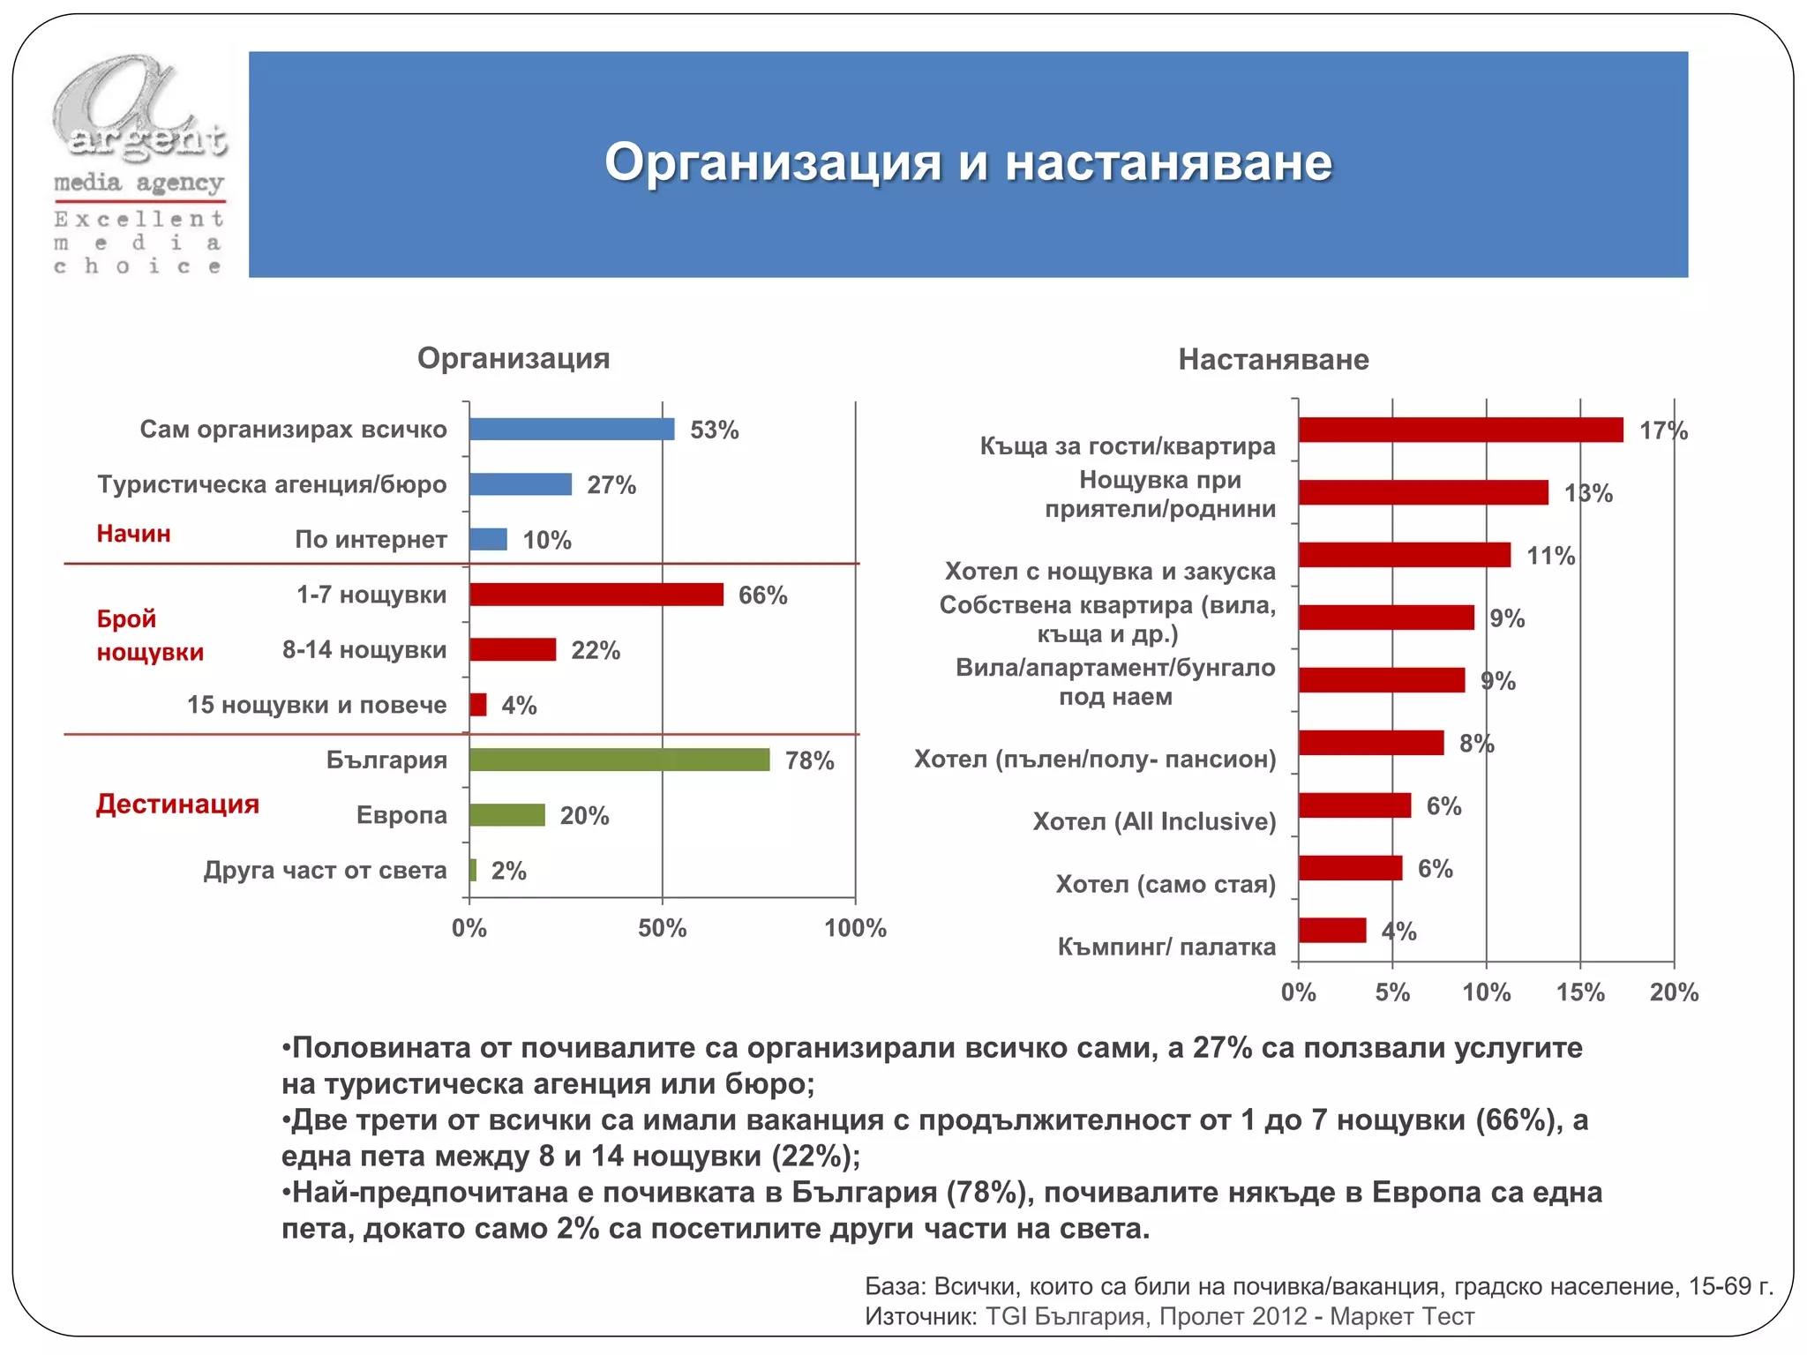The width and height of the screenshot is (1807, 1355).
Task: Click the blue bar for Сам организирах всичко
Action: pyautogui.click(x=572, y=430)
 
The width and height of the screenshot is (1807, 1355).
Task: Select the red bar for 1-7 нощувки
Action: pyautogui.click(x=596, y=595)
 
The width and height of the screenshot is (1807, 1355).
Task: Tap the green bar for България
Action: pyautogui.click(x=619, y=760)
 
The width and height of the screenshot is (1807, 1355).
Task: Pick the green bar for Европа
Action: pyautogui.click(x=507, y=815)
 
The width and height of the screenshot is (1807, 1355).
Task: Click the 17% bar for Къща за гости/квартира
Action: pyautogui.click(x=1460, y=430)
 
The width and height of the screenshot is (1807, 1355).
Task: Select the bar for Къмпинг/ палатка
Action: pyautogui.click(x=1332, y=931)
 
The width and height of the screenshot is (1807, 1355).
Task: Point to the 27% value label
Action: pyautogui.click(x=611, y=485)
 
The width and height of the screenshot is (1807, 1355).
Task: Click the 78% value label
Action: pyautogui.click(x=809, y=760)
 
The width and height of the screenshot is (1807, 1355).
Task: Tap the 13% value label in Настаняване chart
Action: pyautogui.click(x=1588, y=493)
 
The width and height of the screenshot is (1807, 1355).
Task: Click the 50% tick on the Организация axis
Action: pyautogui.click(x=662, y=928)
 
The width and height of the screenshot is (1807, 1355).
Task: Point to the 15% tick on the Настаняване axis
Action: pyautogui.click(x=1580, y=992)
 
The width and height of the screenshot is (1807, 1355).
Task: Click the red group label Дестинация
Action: pyautogui.click(x=177, y=804)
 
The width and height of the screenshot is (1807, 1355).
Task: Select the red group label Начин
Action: pyautogui.click(x=133, y=534)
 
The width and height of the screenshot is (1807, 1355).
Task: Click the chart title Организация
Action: pyautogui.click(x=514, y=358)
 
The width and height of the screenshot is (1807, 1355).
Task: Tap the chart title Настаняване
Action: pyautogui.click(x=1273, y=359)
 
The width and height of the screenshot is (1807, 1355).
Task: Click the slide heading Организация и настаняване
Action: pyautogui.click(x=968, y=162)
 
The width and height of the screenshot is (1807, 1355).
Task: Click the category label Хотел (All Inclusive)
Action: pyautogui.click(x=1154, y=821)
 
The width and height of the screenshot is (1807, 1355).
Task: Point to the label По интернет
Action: pyautogui.click(x=371, y=539)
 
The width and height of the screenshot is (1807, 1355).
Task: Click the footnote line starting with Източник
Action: pyautogui.click(x=1169, y=1316)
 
